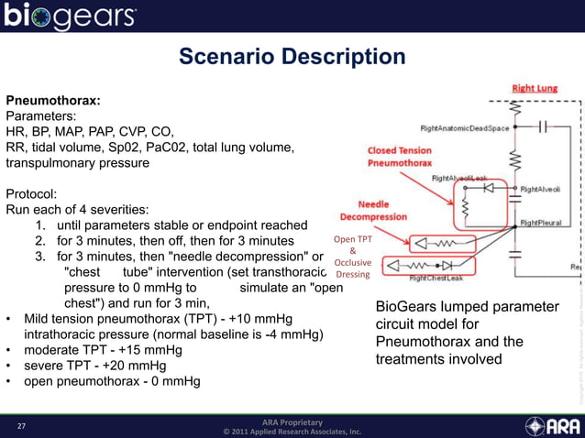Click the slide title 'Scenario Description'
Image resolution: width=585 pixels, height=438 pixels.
coord(292,58)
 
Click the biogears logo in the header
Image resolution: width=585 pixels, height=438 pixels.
coord(71,16)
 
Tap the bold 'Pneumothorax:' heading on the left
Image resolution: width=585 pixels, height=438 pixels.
coord(53,100)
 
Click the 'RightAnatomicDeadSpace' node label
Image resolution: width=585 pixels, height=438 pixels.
coord(464,128)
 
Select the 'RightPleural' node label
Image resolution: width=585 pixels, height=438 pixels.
coord(542,223)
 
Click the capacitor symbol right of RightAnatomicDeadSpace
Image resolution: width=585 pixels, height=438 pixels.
coord(542,127)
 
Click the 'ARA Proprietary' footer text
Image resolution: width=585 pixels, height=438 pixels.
coord(292,422)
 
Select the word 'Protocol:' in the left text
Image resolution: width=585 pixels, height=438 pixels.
coord(35,194)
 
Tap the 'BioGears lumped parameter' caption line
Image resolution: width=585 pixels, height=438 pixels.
coord(467,306)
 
